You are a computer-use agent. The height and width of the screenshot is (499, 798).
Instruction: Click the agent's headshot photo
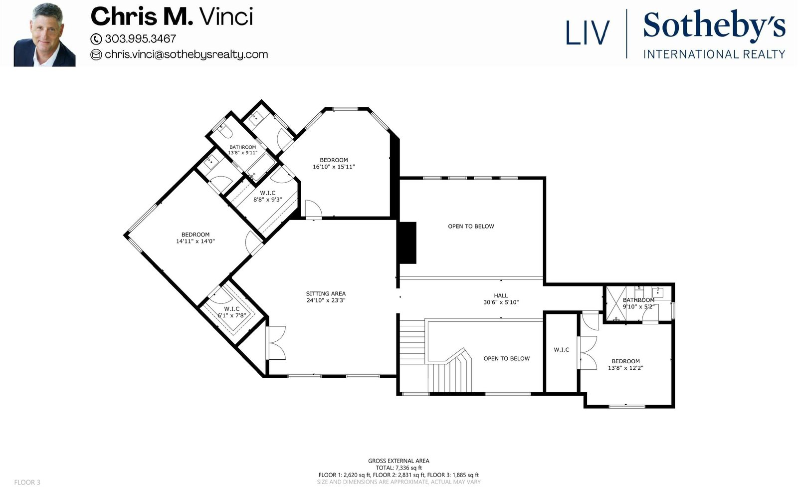tap(44, 35)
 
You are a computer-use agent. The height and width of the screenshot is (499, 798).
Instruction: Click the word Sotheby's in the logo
tap(714, 24)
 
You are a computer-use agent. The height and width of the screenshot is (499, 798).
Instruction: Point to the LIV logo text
tap(588, 33)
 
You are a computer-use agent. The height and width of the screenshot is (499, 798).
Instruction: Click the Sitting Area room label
tap(326, 294)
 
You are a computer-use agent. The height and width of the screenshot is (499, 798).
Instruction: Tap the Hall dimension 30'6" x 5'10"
tap(501, 302)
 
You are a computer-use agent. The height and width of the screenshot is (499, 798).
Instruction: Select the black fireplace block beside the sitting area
tap(407, 243)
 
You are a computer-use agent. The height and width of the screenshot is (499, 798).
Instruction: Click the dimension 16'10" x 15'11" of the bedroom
tap(334, 167)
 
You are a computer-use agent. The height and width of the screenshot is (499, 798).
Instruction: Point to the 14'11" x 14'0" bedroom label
tap(196, 238)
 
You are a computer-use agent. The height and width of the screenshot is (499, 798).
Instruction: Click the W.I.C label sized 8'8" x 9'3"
tap(267, 196)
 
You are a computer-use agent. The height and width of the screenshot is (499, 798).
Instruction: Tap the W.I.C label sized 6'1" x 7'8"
tap(232, 312)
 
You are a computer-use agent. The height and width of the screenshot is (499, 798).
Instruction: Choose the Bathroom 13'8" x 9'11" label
tap(242, 150)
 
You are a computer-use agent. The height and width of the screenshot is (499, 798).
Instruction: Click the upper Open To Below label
tap(471, 227)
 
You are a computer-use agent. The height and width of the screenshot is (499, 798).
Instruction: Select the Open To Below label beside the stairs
tap(507, 359)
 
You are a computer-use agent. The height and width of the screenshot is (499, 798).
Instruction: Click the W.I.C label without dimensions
tap(562, 350)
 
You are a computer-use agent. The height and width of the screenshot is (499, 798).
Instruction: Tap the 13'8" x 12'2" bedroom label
tap(625, 365)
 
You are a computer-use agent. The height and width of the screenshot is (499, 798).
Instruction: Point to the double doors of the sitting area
tap(276, 343)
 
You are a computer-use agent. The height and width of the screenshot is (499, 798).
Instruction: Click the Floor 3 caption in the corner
tap(27, 483)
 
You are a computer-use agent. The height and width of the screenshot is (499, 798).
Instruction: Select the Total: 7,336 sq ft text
tap(399, 468)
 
